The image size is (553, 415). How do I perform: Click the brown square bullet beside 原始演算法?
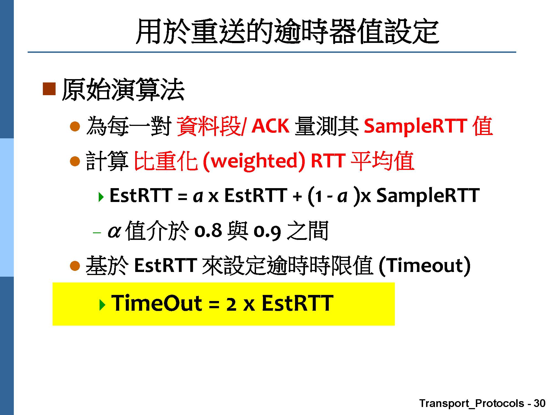pos(49,89)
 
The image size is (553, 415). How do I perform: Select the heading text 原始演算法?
pos(123,89)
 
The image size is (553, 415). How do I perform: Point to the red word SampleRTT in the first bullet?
pos(416,126)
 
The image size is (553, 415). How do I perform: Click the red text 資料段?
pos(208,126)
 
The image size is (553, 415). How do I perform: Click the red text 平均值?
pos(382,161)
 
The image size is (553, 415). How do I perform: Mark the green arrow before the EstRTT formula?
pos(101,197)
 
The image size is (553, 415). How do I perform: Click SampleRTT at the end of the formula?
pos(428,196)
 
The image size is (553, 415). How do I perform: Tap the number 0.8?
pos(208,230)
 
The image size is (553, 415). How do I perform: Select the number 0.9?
pos(267,231)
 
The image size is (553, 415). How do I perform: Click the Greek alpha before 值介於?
pos(114,232)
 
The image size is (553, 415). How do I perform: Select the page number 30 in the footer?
pos(539,403)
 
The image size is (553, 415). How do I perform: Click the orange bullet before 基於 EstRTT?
pos(75,266)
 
